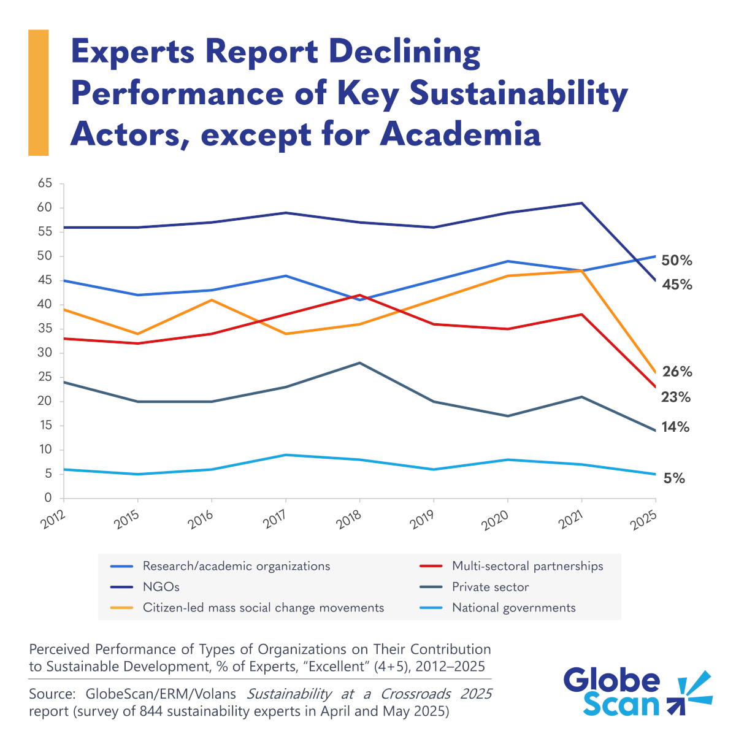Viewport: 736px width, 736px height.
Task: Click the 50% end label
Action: [677, 261]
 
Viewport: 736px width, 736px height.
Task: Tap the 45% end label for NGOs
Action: [677, 285]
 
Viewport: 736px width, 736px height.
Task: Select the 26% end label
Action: [677, 372]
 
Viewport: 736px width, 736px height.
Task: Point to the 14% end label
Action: [675, 427]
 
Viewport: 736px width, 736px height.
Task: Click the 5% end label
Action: [674, 478]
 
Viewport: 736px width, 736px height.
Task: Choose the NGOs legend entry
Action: [161, 587]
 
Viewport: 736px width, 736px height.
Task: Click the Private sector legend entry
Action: [490, 587]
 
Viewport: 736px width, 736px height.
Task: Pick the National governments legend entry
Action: [513, 608]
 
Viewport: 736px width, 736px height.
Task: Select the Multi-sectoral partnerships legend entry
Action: [527, 566]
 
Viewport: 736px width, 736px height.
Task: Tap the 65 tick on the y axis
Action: [45, 183]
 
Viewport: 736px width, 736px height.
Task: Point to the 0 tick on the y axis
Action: [48, 499]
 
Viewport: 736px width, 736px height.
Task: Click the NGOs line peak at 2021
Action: [581, 203]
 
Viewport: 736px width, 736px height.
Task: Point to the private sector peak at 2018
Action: [360, 363]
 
